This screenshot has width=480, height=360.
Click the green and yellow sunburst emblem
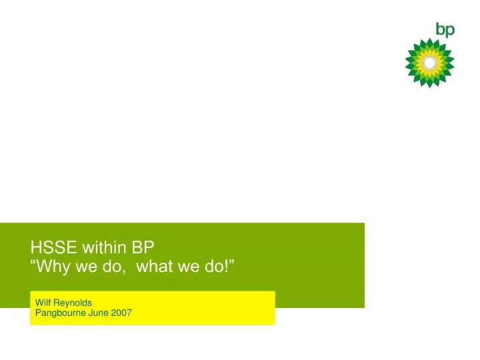point(430,63)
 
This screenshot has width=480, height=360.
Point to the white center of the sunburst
point(430,63)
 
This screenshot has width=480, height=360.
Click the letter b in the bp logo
point(441,29)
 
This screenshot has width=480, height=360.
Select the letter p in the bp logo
point(450,31)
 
